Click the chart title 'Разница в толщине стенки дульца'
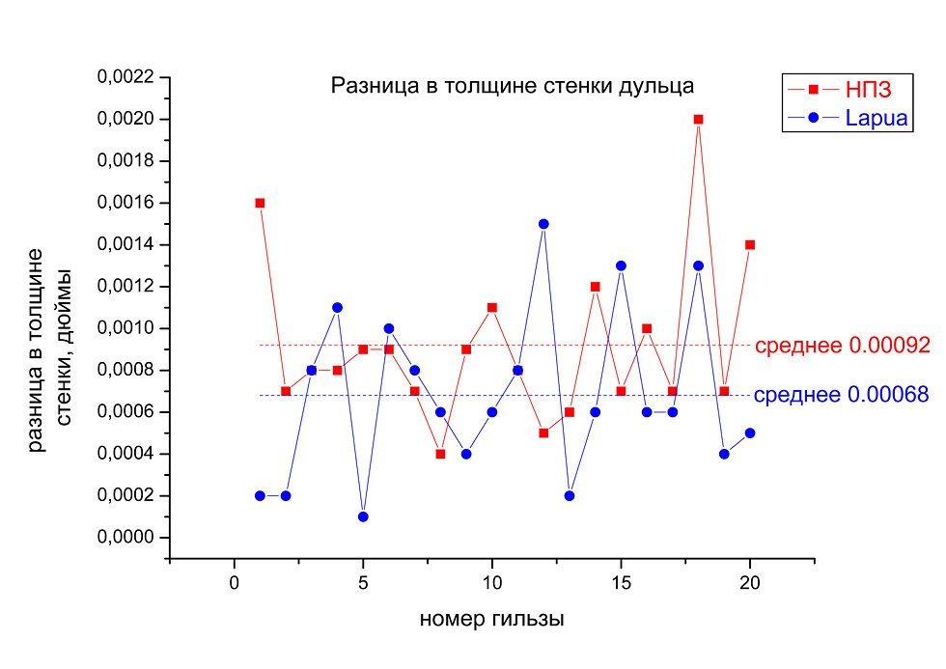(512, 86)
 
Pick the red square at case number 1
(260, 203)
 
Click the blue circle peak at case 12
(543, 224)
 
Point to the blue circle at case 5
(363, 516)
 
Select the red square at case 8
(440, 454)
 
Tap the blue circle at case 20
(750, 432)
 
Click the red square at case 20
(750, 244)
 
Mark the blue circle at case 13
(570, 495)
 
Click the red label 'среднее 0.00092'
(842, 346)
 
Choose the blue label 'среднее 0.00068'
(841, 395)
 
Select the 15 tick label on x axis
(621, 582)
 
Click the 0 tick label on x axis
(235, 582)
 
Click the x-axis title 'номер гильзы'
(491, 619)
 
